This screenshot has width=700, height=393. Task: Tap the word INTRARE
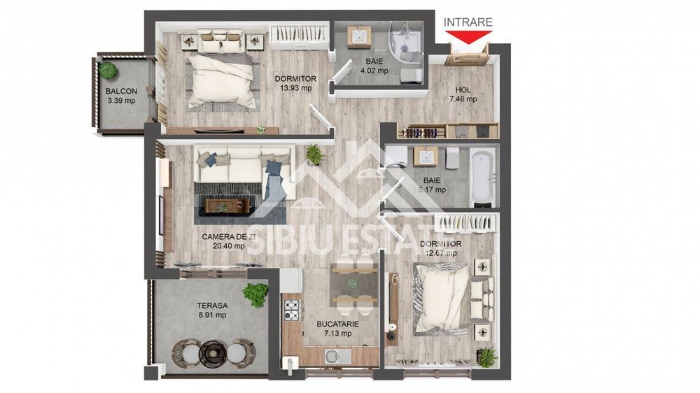pyautogui.click(x=468, y=22)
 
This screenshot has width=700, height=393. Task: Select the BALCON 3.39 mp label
pyautogui.click(x=120, y=96)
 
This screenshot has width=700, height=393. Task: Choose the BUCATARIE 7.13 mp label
pyautogui.click(x=338, y=329)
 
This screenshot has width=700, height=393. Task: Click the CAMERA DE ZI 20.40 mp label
pyautogui.click(x=228, y=241)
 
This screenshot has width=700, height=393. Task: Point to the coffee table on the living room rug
pyautogui.click(x=228, y=204)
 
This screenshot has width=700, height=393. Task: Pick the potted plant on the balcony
pyautogui.click(x=107, y=70)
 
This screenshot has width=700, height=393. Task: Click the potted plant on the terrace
pyautogui.click(x=255, y=293)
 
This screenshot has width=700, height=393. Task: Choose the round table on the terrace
pyautogui.click(x=211, y=350)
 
